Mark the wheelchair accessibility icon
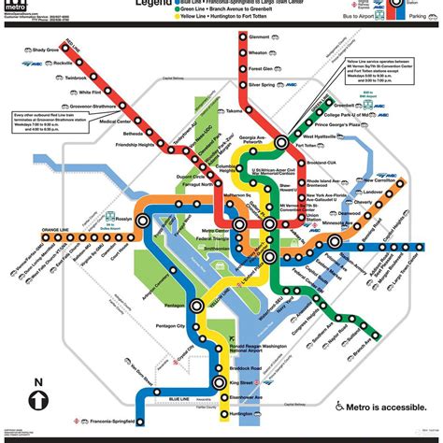pyautogui.click(x=339, y=407)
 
